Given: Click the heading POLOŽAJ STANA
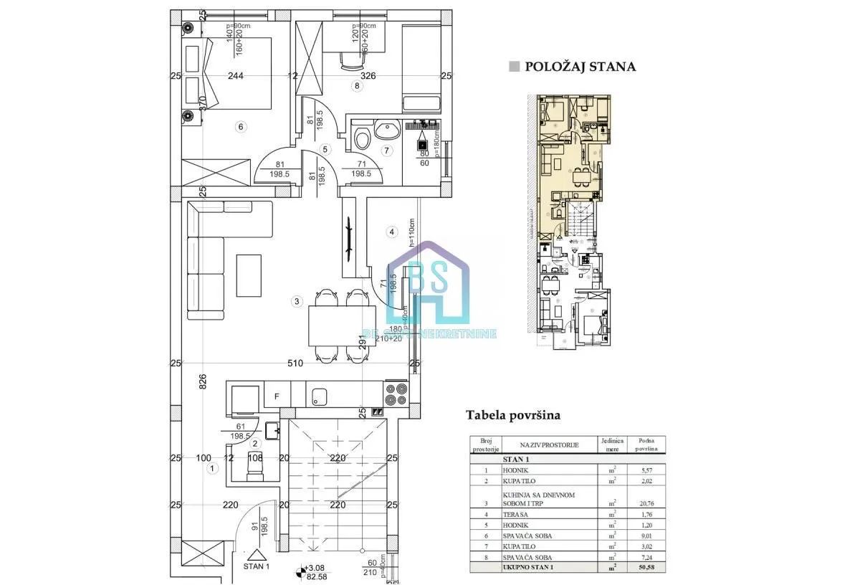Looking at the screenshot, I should [580, 67].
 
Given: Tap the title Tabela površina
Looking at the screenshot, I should [512, 415].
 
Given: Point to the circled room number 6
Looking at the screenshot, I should [241, 127].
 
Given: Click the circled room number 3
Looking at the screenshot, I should [297, 302].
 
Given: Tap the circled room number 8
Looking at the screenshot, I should [358, 86].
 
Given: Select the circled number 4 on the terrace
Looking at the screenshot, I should [391, 232].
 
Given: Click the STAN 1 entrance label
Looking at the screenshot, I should [256, 566].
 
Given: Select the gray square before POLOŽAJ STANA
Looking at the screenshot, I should [513, 67].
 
